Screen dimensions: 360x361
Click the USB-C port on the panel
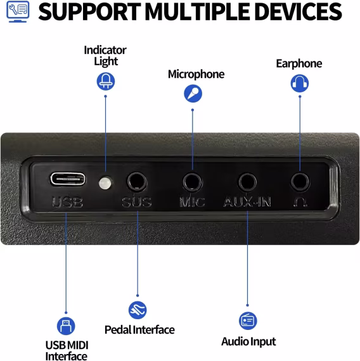pyautogui.click(x=68, y=179)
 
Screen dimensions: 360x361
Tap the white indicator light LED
pyautogui.click(x=105, y=183)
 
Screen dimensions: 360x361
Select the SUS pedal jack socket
pyautogui.click(x=137, y=182)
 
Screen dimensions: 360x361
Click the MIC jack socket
pyautogui.click(x=193, y=182)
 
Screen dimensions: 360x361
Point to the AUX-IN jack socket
pyautogui.click(x=248, y=182)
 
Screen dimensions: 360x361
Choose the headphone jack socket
pyautogui.click(x=300, y=182)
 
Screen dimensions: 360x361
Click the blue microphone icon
pyautogui.click(x=193, y=94)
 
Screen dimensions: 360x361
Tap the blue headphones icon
pyautogui.click(x=300, y=83)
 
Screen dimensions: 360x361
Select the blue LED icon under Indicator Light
pyautogui.click(x=106, y=81)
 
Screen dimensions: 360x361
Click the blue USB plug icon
pyautogui.click(x=66, y=326)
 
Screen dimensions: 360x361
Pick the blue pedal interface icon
pyautogui.click(x=138, y=310)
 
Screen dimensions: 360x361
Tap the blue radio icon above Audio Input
pyautogui.click(x=248, y=320)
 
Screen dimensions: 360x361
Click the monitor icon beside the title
pyautogui.click(x=18, y=11)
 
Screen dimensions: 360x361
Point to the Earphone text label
pyautogui.click(x=299, y=63)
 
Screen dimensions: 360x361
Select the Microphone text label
pyautogui.click(x=196, y=74)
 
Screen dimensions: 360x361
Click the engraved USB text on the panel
pyautogui.click(x=67, y=202)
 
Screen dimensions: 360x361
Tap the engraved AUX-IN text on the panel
pyautogui.click(x=247, y=202)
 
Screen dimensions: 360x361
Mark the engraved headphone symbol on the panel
pyautogui.click(x=300, y=202)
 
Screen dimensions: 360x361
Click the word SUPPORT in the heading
pyautogui.click(x=89, y=11)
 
